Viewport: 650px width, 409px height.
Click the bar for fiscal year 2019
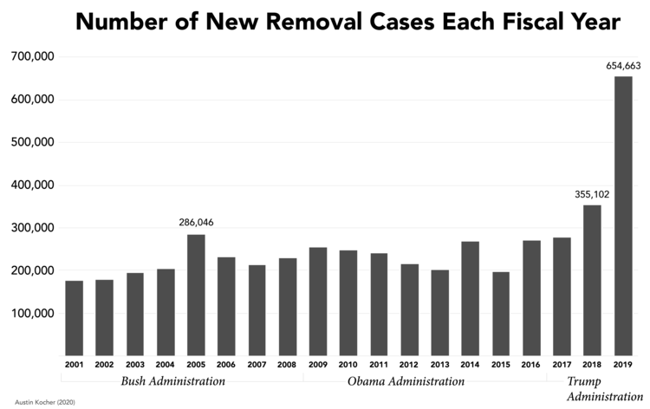[x=623, y=217]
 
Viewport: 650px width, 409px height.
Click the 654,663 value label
[x=623, y=65]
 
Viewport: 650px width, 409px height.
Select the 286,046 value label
[x=196, y=223]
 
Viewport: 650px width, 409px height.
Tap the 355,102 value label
[x=592, y=194]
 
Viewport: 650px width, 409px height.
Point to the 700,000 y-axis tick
[x=32, y=57]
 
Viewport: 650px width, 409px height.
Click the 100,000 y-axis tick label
[x=32, y=313]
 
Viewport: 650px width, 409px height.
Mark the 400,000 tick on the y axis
[x=32, y=185]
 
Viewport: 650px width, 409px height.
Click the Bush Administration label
[x=173, y=381]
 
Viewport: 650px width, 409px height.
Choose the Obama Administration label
[x=406, y=381]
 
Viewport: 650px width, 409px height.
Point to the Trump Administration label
[x=599, y=389]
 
